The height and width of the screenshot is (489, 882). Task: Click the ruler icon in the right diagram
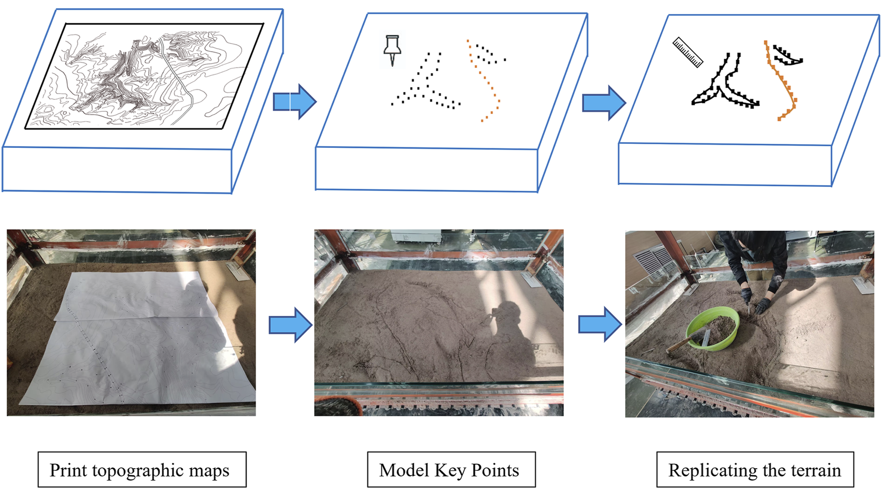tap(688, 52)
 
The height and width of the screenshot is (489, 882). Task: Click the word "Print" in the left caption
tap(68, 470)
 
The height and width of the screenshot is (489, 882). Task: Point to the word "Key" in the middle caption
tap(450, 470)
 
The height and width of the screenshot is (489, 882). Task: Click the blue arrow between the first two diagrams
tap(295, 101)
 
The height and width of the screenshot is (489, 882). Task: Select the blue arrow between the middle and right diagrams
tap(604, 102)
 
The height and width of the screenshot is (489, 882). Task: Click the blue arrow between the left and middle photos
tap(290, 324)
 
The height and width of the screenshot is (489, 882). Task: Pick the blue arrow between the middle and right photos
tap(600, 324)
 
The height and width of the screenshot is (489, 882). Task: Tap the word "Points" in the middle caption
tap(495, 470)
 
